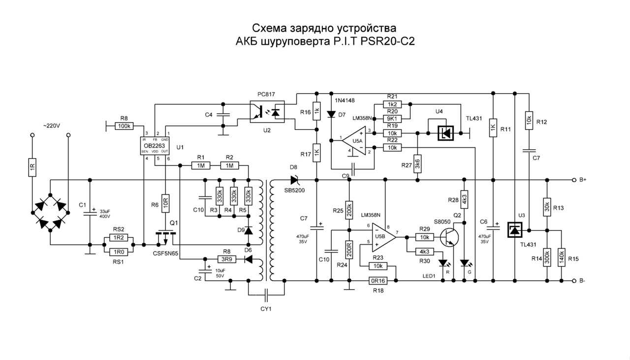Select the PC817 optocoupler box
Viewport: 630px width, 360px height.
coord(266,112)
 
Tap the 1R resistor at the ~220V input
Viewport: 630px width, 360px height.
coord(32,168)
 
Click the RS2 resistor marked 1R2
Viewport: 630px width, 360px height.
coord(119,237)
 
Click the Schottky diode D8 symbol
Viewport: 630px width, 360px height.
coord(295,180)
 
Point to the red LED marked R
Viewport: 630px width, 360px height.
coord(442,263)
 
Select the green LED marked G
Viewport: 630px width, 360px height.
coord(464,263)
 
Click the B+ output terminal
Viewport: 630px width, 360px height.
coord(574,180)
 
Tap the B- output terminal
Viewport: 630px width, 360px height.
coord(574,281)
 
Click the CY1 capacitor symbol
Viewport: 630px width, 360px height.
coord(266,295)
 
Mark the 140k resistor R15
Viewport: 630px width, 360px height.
coord(561,258)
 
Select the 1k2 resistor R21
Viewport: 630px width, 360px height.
coord(392,104)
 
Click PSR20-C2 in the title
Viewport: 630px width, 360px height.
coord(388,41)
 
